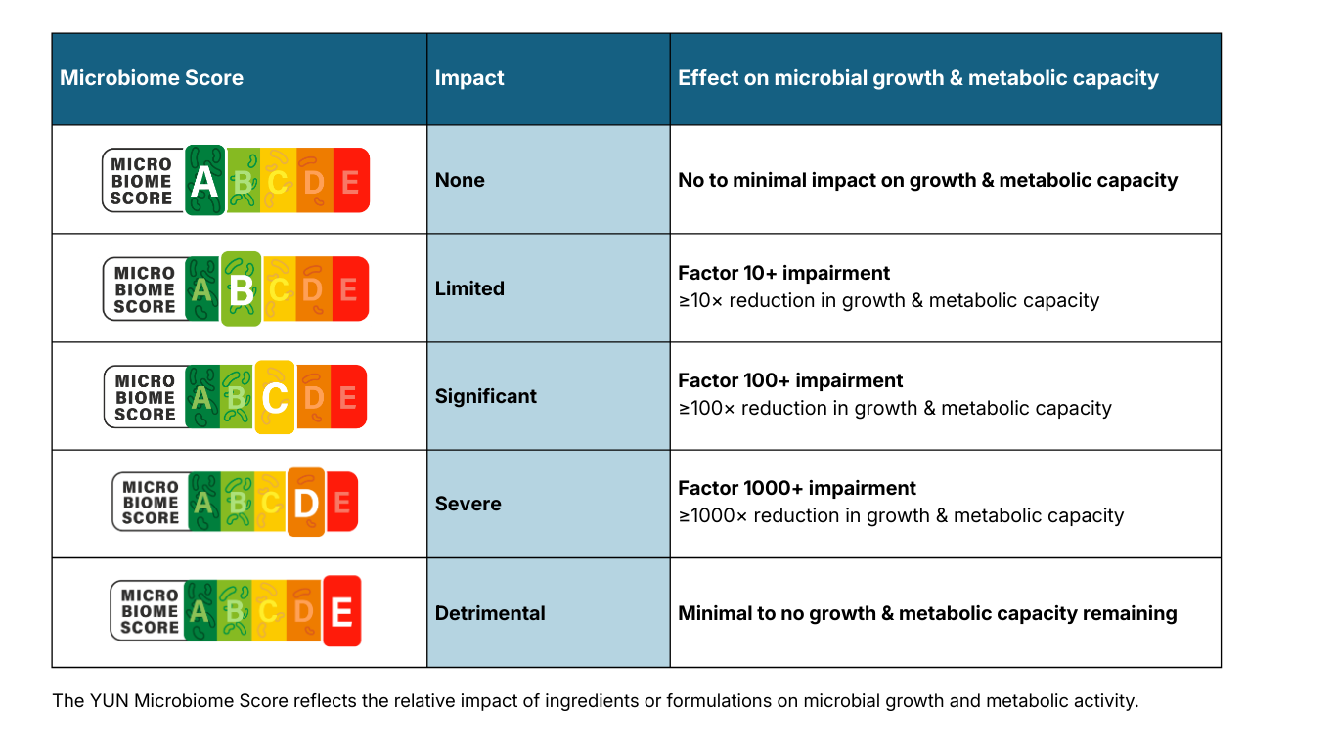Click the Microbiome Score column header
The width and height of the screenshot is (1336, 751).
point(152,78)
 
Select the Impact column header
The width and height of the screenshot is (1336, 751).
point(469,78)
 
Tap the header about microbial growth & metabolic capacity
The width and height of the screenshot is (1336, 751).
point(917,78)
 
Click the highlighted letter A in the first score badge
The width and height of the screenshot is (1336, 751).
point(204,181)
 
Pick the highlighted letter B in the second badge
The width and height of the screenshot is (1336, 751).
point(241,288)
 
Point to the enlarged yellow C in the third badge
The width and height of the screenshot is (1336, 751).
point(275,397)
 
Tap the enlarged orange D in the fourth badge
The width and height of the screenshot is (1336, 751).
point(306,504)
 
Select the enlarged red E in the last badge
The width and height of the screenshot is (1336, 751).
point(341,612)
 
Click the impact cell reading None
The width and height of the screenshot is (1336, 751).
point(460,180)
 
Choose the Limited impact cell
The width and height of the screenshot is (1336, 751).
point(469,288)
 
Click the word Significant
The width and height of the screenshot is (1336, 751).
point(486,396)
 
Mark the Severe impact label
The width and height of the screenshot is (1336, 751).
point(468,504)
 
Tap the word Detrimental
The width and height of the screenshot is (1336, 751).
point(490,613)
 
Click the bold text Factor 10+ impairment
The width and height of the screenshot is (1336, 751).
point(784,273)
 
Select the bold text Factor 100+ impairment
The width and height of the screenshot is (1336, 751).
point(790,380)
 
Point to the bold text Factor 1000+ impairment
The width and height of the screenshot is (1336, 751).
point(797,488)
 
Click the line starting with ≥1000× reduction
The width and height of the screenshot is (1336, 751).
point(901,515)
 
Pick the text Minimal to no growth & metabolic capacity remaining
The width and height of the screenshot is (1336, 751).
point(927,613)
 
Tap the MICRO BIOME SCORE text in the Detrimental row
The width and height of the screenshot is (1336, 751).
point(150,611)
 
